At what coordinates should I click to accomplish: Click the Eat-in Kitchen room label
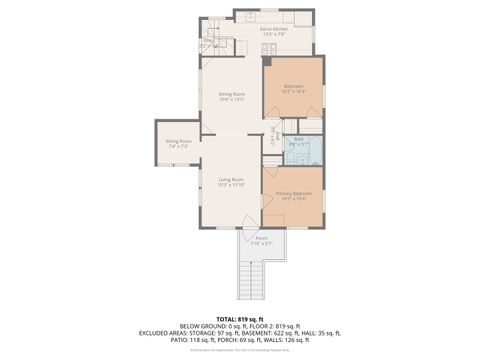[x=274, y=30]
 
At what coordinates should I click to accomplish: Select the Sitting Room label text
[x=178, y=141]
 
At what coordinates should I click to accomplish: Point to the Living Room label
[x=231, y=179]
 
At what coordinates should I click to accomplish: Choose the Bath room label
[x=298, y=139]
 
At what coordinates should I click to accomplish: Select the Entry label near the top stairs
[x=209, y=41]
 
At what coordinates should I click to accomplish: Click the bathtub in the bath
[x=314, y=152]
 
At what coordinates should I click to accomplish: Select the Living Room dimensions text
[x=231, y=185]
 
